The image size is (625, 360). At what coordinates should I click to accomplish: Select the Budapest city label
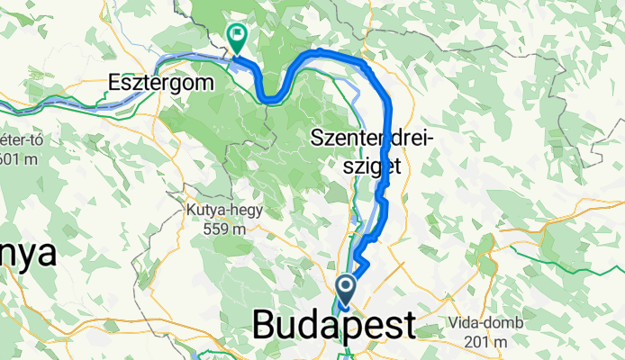[x=335, y=324]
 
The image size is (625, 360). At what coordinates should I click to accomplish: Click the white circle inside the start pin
[x=347, y=287]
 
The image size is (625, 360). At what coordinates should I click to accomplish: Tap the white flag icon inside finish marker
[x=238, y=37]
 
